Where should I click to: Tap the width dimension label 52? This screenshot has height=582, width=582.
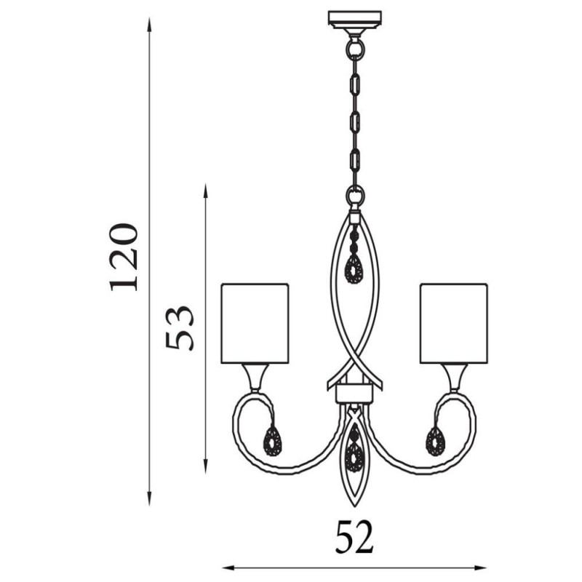pos(354,537)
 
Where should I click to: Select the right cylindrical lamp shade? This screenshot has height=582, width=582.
pos(454,322)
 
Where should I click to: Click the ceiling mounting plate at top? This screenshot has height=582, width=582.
pos(355,18)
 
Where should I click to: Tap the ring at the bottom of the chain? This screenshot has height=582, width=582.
pos(355,196)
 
